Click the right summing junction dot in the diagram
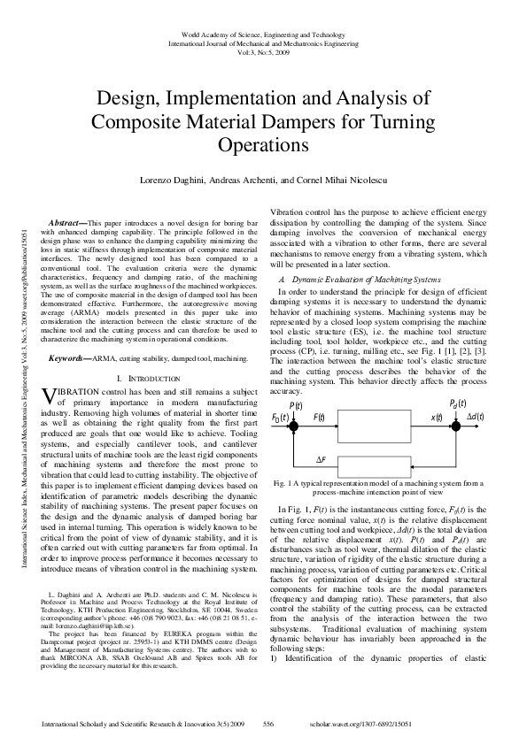tap(454, 417)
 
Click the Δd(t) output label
tap(477, 416)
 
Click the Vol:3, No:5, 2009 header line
tap(262, 50)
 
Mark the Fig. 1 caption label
tap(286, 483)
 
